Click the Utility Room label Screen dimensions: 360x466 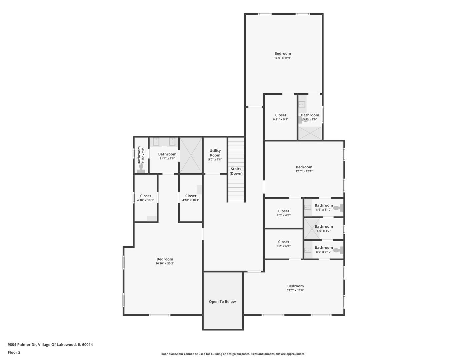coord(215,153)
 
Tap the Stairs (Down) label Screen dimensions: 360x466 coord(236,171)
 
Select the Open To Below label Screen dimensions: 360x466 coord(222,302)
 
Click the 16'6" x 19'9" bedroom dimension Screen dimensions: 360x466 coord(283,58)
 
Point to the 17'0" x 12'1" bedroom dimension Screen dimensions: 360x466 coord(304,171)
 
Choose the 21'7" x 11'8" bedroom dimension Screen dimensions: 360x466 coord(295,290)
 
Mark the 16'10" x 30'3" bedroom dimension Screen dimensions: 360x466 coord(165,263)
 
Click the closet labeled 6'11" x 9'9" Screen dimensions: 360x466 coord(281,117)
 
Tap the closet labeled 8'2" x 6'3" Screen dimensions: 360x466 coord(284,213)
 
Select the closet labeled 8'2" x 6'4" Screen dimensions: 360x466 coord(284,244)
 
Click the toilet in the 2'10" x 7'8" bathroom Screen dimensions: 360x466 coord(141,167)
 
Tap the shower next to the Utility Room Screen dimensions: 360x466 coord(191,155)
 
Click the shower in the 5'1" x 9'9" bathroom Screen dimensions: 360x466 coord(310,133)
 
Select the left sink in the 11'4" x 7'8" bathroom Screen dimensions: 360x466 coord(156,142)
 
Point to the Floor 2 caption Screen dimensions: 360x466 coord(14,352)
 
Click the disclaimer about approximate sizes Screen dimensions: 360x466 coord(233,354)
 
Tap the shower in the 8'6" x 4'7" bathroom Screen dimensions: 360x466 coord(312,229)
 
